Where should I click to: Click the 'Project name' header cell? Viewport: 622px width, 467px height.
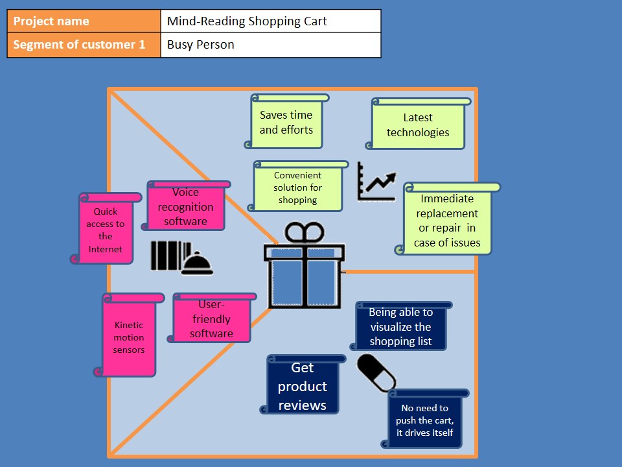84,21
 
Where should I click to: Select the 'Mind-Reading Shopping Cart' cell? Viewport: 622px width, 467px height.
270,21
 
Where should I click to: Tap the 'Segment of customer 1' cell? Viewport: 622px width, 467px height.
84,45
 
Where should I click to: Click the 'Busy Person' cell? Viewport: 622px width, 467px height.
270,45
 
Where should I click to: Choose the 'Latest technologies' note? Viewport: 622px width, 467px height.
418,125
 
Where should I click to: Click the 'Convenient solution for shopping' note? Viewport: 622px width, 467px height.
297,187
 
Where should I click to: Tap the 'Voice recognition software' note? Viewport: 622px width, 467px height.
185,206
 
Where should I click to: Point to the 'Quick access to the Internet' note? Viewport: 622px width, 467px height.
106,230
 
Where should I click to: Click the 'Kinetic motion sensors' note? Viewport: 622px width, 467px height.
129,337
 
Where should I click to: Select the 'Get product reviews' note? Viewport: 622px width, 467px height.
302,386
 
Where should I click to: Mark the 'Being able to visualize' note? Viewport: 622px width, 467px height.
400,326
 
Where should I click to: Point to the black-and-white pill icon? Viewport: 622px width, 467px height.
376,373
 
